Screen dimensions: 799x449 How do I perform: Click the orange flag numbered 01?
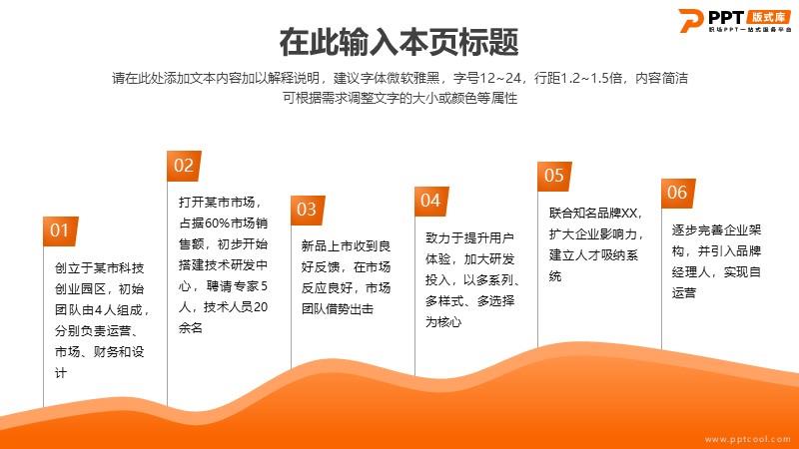coord(61,231)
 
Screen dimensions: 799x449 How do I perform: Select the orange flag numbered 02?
coord(184,166)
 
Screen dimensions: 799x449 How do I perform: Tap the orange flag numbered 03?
coord(308,210)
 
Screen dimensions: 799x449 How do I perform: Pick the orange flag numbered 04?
coord(431,202)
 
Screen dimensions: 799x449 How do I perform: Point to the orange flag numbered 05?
coord(554,177)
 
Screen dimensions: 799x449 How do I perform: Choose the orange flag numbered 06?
coord(678,193)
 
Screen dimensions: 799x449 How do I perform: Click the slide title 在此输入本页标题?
coord(399,42)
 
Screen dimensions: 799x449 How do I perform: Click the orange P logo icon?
coord(691,20)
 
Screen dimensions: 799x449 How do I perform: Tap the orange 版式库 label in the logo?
coord(769,17)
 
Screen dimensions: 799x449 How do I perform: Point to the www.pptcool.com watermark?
coord(747,439)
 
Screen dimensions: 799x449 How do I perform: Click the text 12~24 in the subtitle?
coord(500,78)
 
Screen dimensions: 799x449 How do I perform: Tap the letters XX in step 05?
coord(629,214)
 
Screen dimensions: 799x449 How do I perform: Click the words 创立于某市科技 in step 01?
coord(99,268)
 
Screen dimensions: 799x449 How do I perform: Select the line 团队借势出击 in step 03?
coord(338,309)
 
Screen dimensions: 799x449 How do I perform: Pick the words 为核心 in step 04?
coord(443,321)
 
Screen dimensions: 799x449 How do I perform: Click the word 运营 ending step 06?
coord(684,292)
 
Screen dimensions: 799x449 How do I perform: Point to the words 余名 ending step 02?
coord(191,328)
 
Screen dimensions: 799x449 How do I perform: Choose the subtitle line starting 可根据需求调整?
coord(400,98)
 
